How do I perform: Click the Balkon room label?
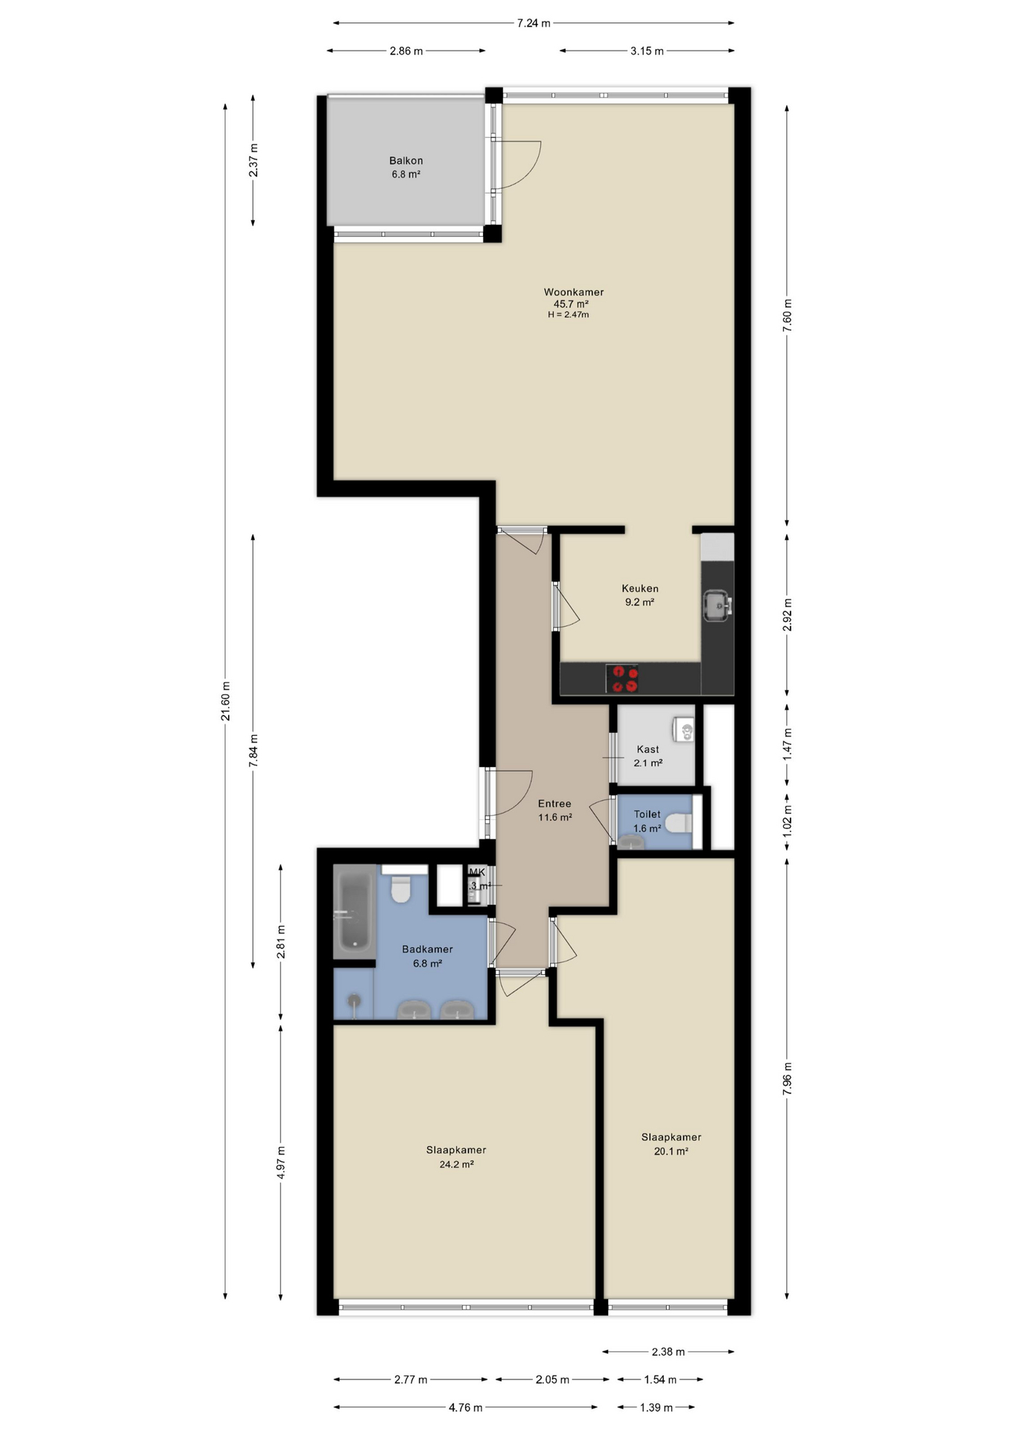405,167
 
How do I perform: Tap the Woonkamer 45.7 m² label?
572,298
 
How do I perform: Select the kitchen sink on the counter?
717,605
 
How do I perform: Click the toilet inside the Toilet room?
679,823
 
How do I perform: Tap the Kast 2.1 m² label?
648,755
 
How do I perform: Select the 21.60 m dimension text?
225,701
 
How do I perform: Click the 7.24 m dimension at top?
534,23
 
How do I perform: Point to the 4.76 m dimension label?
465,1407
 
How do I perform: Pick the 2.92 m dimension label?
787,614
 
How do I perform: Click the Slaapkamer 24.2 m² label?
456,1157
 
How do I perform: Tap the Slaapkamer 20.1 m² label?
671,1143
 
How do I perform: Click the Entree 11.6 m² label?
554,810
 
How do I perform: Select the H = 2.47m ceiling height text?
569,315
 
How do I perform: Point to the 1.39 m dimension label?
656,1407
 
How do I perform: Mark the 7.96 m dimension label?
787,1078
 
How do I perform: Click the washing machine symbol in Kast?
684,730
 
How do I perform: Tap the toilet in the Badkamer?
401,889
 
